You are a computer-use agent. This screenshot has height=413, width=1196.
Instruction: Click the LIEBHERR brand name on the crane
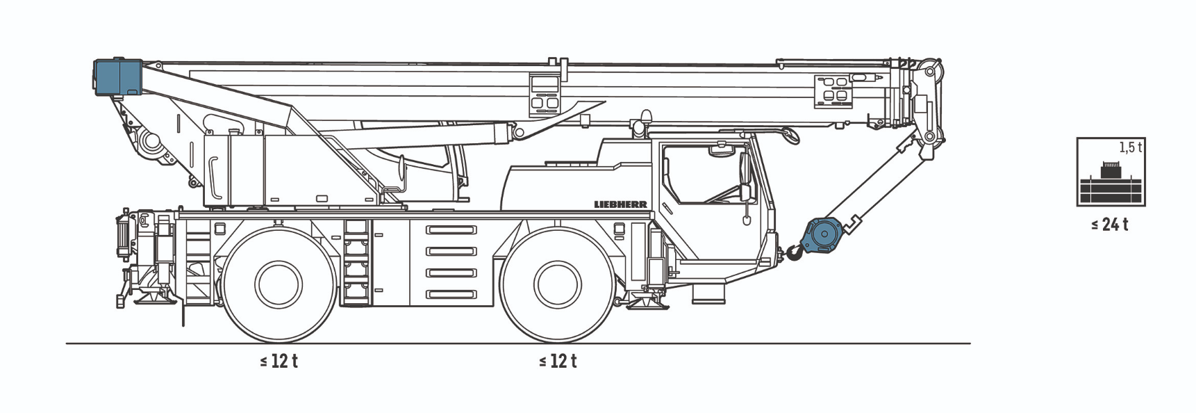pos(620,204)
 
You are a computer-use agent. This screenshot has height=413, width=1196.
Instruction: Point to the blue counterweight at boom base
pos(118,76)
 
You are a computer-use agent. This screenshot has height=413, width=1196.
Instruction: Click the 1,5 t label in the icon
pos(1130,147)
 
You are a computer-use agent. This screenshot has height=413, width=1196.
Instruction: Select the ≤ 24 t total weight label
pos(1109,225)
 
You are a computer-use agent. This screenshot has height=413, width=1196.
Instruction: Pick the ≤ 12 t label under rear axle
pos(279,362)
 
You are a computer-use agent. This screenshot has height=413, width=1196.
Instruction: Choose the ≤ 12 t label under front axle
pos(557,362)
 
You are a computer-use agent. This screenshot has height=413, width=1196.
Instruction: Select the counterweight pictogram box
pos(1111,172)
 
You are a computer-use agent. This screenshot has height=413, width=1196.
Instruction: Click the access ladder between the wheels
pos(357,263)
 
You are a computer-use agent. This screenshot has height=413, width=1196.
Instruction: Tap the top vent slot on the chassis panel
pos(451,230)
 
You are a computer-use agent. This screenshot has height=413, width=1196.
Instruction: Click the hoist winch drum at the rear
pos(150,142)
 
